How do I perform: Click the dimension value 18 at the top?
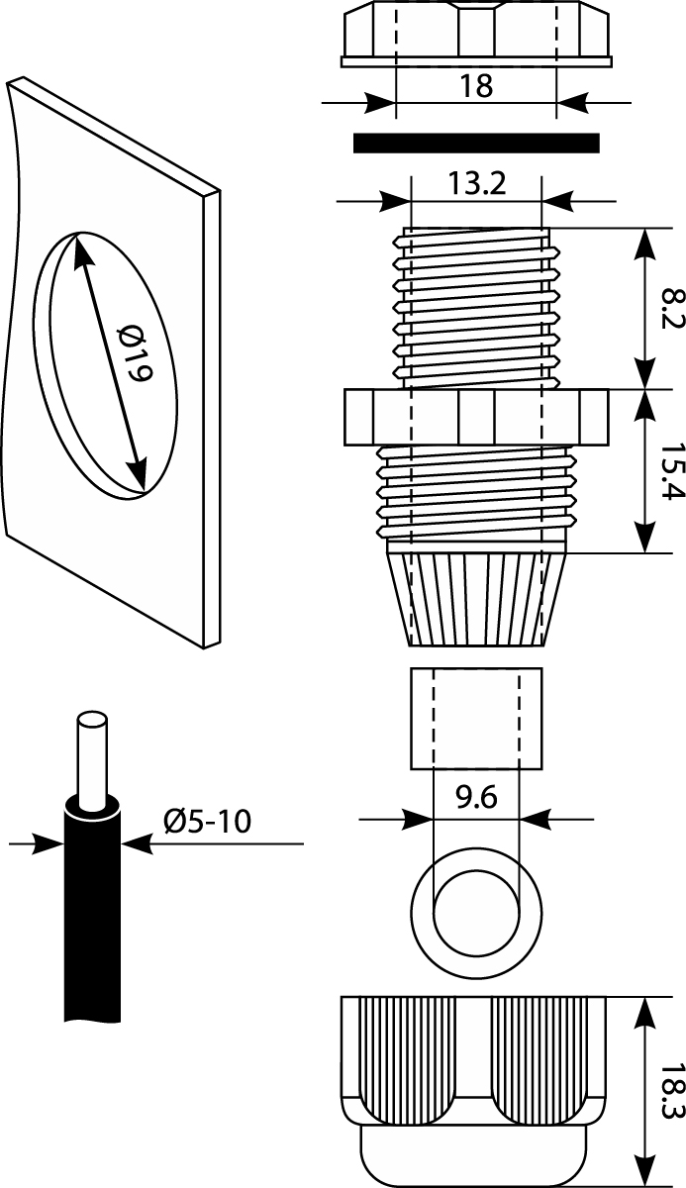click(x=476, y=86)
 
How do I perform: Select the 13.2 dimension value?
click(x=476, y=184)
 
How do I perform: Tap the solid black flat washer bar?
click(x=476, y=144)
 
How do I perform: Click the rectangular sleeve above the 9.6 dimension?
click(x=476, y=719)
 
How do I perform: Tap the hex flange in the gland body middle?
click(x=476, y=417)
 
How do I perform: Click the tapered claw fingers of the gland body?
click(x=476, y=599)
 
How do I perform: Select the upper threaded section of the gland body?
click(x=476, y=307)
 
